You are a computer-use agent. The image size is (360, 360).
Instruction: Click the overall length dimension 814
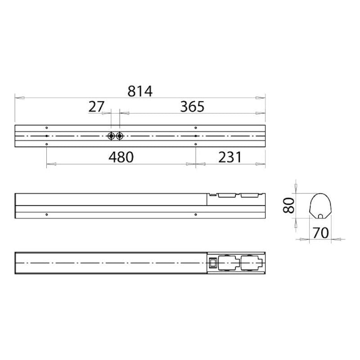(140, 91)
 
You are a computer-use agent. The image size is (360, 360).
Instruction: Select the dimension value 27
(96, 107)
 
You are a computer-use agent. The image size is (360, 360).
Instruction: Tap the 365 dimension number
(192, 107)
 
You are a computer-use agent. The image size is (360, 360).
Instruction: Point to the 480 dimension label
(121, 157)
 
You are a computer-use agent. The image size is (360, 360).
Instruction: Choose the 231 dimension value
(230, 157)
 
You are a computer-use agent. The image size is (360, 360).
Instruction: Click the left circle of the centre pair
(111, 136)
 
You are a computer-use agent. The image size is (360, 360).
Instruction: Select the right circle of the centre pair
(119, 136)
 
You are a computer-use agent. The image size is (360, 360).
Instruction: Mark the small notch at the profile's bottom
(320, 216)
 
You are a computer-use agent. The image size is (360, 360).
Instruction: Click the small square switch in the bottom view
(212, 263)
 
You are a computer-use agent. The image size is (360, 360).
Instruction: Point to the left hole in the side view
(47, 215)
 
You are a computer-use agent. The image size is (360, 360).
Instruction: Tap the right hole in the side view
(195, 215)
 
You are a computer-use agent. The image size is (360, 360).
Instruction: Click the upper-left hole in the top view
(47, 127)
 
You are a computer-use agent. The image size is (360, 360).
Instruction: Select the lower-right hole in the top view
(195, 144)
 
